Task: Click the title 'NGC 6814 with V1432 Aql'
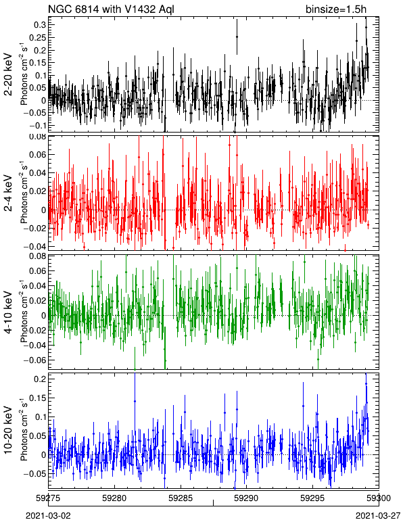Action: click(x=111, y=9)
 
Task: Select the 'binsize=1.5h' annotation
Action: click(x=336, y=9)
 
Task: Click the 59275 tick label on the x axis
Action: click(x=48, y=498)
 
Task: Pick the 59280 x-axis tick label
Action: click(x=114, y=498)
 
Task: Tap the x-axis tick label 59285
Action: click(x=181, y=498)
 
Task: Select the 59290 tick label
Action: click(x=247, y=498)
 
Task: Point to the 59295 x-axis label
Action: click(x=313, y=498)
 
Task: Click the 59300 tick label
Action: click(x=379, y=498)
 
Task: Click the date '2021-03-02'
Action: click(x=48, y=516)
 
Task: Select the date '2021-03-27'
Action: click(x=378, y=516)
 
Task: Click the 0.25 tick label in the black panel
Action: click(x=37, y=37)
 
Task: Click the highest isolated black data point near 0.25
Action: click(x=237, y=37)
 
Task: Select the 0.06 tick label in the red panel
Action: click(x=37, y=155)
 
